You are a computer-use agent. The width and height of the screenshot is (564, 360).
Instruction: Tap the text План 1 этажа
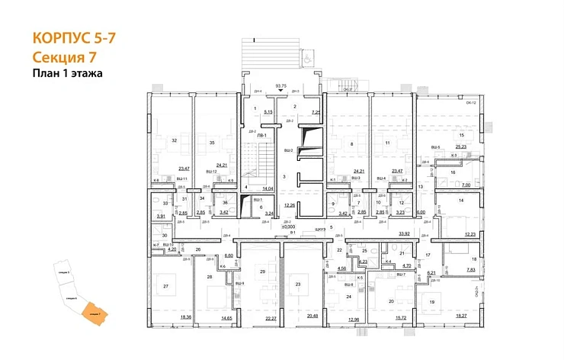(67, 74)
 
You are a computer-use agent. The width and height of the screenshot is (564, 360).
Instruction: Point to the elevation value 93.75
(280, 85)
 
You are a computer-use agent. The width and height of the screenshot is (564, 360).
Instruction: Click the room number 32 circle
(175, 140)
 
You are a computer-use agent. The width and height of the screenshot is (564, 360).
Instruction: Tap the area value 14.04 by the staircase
(268, 188)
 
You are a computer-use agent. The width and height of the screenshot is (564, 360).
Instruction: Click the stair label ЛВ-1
(261, 135)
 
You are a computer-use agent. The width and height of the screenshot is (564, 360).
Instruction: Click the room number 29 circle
(262, 272)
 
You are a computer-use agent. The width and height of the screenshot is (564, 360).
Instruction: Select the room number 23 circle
(299, 284)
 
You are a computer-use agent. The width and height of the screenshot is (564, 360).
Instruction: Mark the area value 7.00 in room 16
(466, 185)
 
